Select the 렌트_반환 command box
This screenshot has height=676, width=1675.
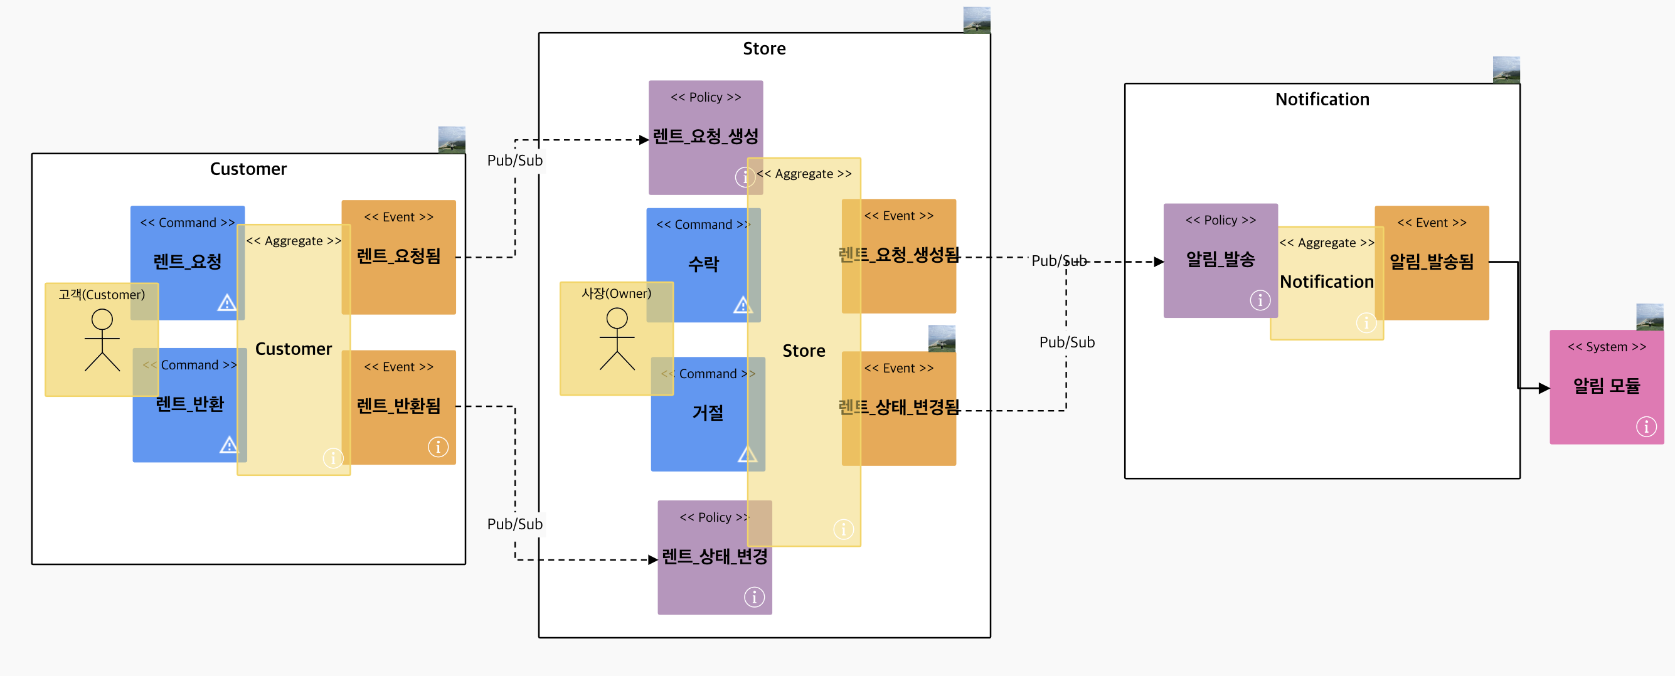tap(189, 404)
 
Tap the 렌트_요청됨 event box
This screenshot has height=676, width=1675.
tap(398, 256)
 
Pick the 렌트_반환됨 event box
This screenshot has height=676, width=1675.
tap(398, 406)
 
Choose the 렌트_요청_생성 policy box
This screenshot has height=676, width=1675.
tap(705, 137)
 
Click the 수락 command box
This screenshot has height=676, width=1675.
tap(703, 265)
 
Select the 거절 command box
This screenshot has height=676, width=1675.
tap(708, 413)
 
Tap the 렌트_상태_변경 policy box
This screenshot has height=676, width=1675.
tap(714, 557)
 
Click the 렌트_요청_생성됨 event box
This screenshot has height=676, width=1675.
tap(898, 255)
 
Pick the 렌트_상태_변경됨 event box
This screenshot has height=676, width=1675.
tap(898, 408)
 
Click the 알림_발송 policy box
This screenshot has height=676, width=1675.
tap(1220, 260)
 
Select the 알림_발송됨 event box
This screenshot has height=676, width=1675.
tap(1431, 262)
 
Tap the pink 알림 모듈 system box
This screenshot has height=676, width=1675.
tap(1606, 387)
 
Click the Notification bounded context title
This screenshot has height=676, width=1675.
tap(1322, 100)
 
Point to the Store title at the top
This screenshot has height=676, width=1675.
tap(764, 49)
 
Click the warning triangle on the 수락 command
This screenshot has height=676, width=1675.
tap(742, 305)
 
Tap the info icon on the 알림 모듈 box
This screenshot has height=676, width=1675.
tap(1646, 426)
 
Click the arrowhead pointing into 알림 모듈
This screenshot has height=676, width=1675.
tap(1544, 388)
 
